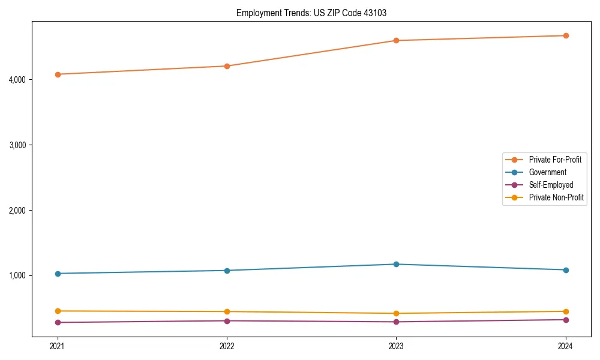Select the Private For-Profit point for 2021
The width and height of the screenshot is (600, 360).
point(58,74)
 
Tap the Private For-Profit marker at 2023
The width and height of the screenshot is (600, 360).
point(397,41)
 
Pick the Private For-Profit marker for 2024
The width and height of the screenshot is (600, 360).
point(566,36)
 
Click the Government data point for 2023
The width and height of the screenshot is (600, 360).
point(397,264)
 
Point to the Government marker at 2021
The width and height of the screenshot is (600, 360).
point(58,274)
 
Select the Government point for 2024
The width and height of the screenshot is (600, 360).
point(566,270)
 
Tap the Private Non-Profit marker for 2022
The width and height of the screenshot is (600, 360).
point(227,311)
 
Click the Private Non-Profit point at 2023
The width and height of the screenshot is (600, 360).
point(397,313)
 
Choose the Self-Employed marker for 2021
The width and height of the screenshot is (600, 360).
point(58,322)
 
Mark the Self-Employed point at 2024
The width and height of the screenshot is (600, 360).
point(566,319)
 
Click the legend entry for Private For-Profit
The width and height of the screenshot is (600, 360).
point(555,160)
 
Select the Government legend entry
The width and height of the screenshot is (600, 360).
point(547,173)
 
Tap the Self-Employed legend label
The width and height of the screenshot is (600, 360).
point(551,185)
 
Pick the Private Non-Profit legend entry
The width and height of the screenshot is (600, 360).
point(556,198)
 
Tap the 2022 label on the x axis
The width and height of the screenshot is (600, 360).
point(227,346)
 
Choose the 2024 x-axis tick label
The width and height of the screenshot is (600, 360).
point(566,346)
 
